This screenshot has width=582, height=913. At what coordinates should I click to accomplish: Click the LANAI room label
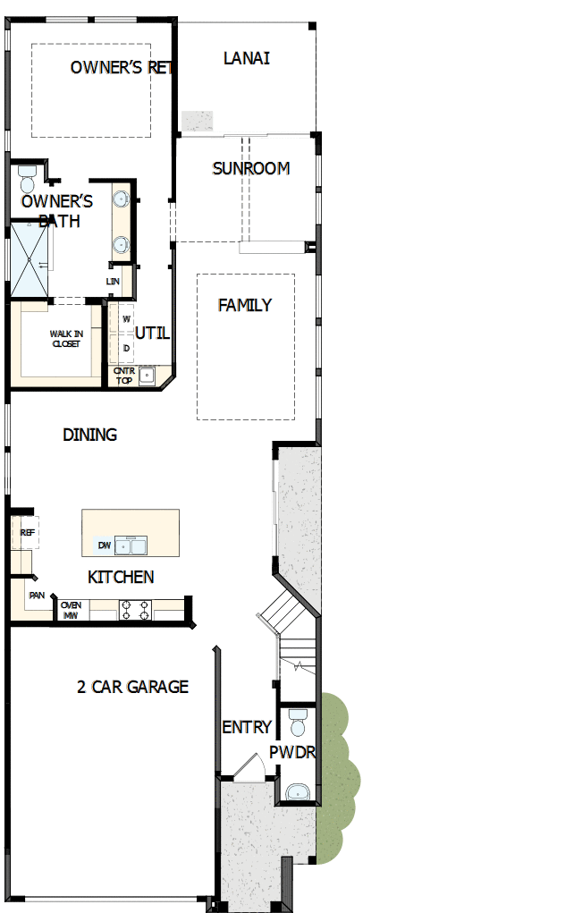(x=246, y=59)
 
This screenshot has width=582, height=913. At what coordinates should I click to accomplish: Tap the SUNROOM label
(x=250, y=168)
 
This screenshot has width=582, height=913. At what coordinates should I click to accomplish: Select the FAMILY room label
(x=245, y=306)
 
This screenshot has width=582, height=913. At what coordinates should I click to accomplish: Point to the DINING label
(x=89, y=435)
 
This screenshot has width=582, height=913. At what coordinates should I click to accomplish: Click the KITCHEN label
(x=121, y=578)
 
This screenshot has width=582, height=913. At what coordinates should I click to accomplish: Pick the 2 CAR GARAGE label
(x=132, y=687)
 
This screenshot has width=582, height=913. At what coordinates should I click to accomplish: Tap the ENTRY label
(x=247, y=728)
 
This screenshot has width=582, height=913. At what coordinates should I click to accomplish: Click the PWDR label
(x=292, y=752)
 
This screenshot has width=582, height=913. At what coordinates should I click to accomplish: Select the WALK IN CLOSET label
(x=65, y=339)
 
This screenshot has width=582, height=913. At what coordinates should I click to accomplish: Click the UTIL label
(x=153, y=334)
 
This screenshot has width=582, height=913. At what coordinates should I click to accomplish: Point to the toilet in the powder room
(x=298, y=721)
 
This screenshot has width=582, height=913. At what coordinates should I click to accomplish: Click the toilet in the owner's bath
(x=27, y=178)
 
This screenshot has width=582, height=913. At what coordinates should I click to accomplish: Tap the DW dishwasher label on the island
(x=105, y=545)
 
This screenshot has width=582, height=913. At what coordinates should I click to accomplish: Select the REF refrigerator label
(x=28, y=532)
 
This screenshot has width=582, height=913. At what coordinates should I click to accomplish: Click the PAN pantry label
(x=37, y=595)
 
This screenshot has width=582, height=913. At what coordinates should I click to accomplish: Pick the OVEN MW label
(x=71, y=610)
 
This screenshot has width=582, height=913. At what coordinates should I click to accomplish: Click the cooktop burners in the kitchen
(x=134, y=610)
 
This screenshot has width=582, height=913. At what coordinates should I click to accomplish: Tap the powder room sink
(x=298, y=791)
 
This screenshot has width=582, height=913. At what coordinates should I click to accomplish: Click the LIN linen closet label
(x=113, y=282)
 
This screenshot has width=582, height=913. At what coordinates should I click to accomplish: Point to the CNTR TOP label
(x=123, y=374)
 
